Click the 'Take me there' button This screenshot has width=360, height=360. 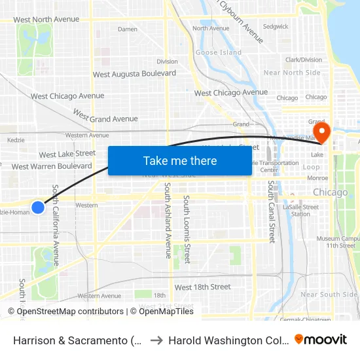point(180,160)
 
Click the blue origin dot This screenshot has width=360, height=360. point(38,207)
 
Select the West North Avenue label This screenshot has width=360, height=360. point(46,20)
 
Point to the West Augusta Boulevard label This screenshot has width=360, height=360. point(134,74)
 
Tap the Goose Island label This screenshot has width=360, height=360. point(219,52)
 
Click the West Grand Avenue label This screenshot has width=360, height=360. point(105,116)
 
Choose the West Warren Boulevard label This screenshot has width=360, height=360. point(52,166)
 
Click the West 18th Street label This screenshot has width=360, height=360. point(202,287)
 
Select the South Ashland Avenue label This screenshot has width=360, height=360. point(168,221)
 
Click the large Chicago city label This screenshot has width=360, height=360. point(331,192)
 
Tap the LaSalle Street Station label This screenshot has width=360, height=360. point(300,210)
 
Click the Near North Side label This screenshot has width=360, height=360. point(292,73)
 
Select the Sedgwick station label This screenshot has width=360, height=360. point(276,27)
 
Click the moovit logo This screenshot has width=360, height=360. point(321,339)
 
